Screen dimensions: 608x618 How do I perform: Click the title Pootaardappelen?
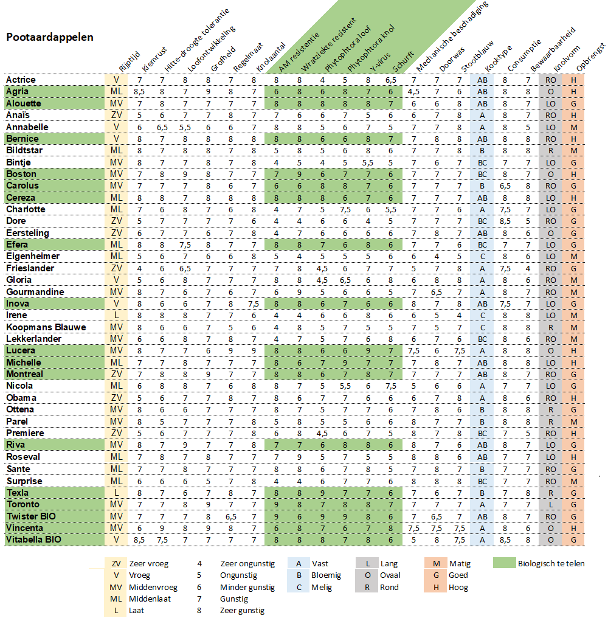click(x=50, y=38)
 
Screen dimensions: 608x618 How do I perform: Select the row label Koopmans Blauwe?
click(x=46, y=327)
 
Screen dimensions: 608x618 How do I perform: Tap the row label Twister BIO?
click(x=31, y=516)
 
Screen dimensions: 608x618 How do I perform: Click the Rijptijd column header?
click(x=130, y=61)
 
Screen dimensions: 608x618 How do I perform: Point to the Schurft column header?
click(x=403, y=61)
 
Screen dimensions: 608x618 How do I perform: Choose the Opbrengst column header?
click(x=590, y=57)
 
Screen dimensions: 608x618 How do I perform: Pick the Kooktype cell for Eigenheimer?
click(x=482, y=257)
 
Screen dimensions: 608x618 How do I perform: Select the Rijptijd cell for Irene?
click(x=116, y=315)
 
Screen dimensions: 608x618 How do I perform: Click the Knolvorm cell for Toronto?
click(x=550, y=505)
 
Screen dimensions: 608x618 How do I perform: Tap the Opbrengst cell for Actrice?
click(x=574, y=80)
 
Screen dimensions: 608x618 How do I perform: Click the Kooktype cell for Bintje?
click(x=482, y=163)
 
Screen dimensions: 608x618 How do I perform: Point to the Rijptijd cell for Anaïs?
click(x=116, y=115)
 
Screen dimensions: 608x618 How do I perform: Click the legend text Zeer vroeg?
click(x=149, y=564)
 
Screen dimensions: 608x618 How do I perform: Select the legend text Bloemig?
click(x=326, y=575)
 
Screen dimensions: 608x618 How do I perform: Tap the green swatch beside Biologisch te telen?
click(x=505, y=563)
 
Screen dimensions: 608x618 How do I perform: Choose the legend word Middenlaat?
click(x=150, y=599)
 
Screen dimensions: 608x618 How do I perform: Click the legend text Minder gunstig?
click(x=247, y=587)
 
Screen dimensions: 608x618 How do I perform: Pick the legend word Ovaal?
click(x=390, y=575)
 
